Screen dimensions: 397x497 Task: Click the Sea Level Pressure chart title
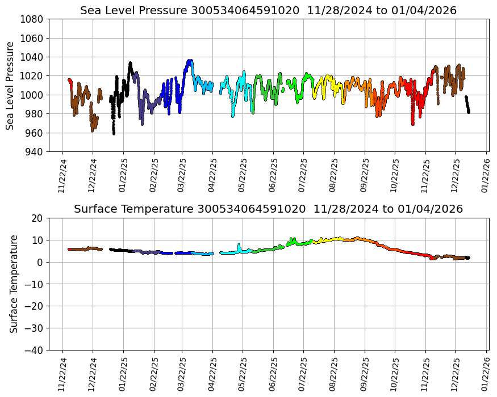pyautogui.click(x=268, y=10)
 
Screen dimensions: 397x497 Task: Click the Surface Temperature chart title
pyautogui.click(x=268, y=209)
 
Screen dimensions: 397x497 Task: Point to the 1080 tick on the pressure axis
pyautogui.click(x=32, y=19)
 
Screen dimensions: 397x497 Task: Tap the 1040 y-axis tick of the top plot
pyautogui.click(x=32, y=57)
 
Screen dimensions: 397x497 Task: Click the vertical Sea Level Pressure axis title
pyautogui.click(x=11, y=85)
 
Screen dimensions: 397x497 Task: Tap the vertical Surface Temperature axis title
pyautogui.click(x=14, y=284)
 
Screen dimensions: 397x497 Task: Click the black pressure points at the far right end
pyautogui.click(x=467, y=105)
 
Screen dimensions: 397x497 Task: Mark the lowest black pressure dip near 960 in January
pyautogui.click(x=114, y=133)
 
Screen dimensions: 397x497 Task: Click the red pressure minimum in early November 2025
pyautogui.click(x=413, y=123)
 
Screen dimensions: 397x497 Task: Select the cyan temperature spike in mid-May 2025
pyautogui.click(x=239, y=245)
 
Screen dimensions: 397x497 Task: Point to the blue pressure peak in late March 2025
pyautogui.click(x=189, y=61)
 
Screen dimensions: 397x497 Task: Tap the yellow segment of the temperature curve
pyautogui.click(x=329, y=239)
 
